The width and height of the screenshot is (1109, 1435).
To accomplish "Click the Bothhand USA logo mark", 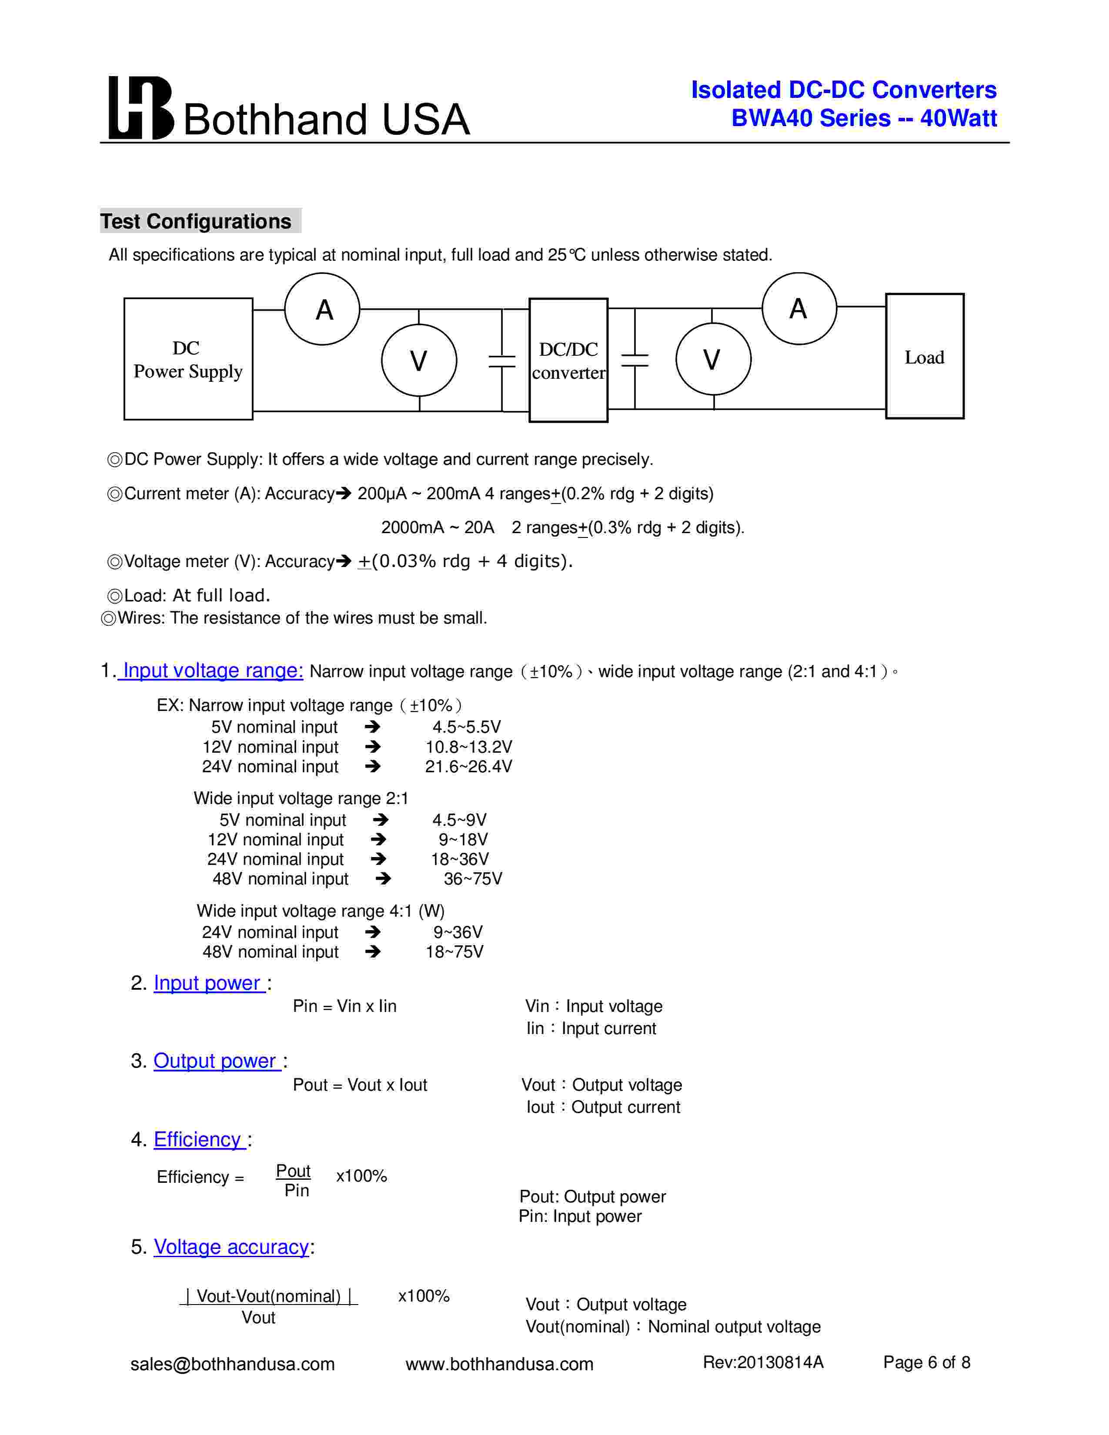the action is [x=140, y=108].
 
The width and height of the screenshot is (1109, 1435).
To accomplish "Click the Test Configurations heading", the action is [x=196, y=221].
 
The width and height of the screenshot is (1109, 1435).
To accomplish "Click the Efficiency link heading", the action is [x=198, y=1139].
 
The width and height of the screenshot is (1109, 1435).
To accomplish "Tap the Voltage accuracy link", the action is [x=231, y=1247].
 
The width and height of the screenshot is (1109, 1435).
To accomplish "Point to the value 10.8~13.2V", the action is [x=468, y=747].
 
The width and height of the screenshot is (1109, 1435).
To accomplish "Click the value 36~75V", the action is [x=473, y=879].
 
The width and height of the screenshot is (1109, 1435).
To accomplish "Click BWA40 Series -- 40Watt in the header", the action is [x=864, y=118].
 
